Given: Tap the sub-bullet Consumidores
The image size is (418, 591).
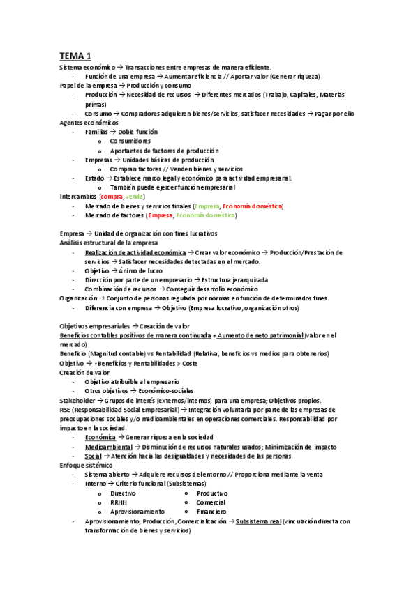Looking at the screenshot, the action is [x=130, y=141].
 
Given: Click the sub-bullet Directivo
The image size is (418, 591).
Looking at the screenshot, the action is [x=123, y=493].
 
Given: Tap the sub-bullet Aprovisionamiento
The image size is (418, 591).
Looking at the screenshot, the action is [x=137, y=511].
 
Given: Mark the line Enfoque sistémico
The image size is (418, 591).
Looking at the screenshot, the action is [x=89, y=465].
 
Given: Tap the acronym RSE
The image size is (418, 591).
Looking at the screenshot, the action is [x=66, y=410].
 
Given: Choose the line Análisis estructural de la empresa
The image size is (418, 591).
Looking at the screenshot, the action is [x=108, y=242].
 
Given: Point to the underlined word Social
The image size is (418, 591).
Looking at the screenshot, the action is [x=93, y=456].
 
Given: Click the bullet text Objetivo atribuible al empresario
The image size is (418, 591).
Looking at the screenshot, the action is [x=132, y=382].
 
